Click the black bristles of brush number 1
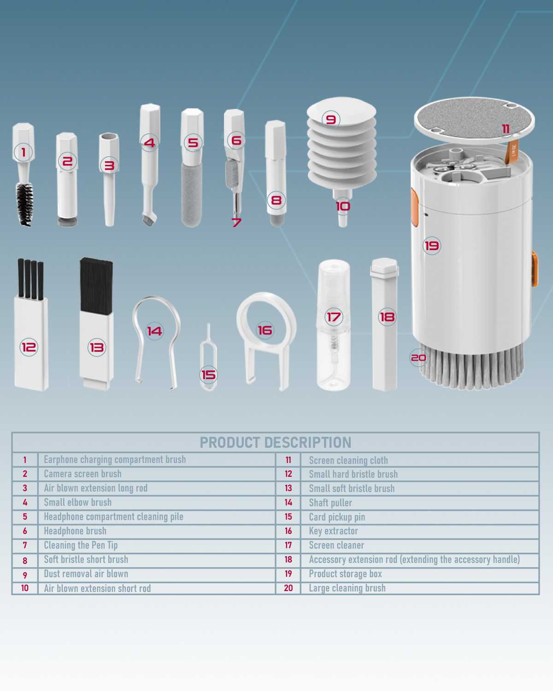coord(24,204)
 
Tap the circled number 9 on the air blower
coord(330,119)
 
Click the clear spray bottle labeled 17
coord(334,325)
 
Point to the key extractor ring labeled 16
coord(239,318)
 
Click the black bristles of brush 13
coord(96,286)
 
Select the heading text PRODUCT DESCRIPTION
coord(276,443)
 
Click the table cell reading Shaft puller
coord(330,503)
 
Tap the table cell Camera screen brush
coord(82,474)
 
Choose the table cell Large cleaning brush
coord(347,588)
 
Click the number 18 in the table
coord(288,559)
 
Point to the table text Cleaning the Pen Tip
coord(81,545)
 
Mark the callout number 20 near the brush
coord(418,357)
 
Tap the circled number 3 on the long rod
coord(109,165)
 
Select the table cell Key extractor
coord(333,531)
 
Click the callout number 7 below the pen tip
coord(236,222)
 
